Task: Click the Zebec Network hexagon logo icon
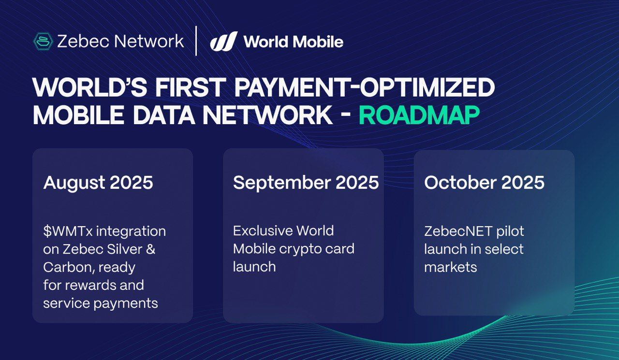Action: (43, 42)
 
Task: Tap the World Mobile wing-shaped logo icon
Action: (224, 41)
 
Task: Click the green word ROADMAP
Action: (419, 115)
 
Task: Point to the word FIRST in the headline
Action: (189, 87)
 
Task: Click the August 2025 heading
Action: (98, 183)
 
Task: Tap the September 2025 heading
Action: (306, 182)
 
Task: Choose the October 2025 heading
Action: (485, 182)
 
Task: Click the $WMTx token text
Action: (68, 231)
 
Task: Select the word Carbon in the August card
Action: (66, 267)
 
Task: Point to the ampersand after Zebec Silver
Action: (150, 249)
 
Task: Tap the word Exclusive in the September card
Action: (263, 231)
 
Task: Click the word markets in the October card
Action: (451, 267)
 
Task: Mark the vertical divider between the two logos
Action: (196, 41)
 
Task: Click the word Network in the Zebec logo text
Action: (149, 42)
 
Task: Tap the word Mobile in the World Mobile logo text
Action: (318, 42)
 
